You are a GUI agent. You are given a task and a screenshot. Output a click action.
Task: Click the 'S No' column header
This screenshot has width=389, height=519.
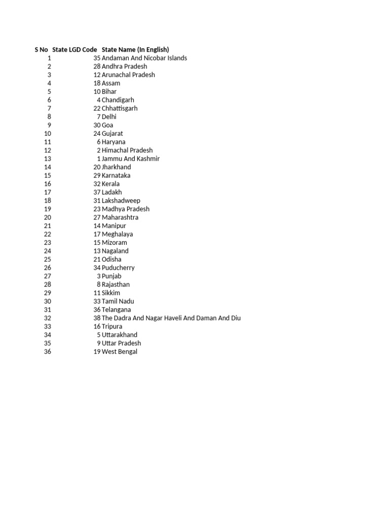click(41, 50)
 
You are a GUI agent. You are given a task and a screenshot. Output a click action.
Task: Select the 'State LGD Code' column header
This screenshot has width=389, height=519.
click(74, 50)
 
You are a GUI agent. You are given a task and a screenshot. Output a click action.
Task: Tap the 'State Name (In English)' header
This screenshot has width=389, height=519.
click(135, 50)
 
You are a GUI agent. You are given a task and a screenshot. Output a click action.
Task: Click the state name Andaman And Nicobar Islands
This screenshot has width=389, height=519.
click(144, 58)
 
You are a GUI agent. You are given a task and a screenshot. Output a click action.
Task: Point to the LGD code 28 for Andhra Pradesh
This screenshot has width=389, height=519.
click(97, 66)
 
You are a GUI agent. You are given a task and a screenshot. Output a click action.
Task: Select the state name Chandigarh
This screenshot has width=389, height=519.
click(118, 100)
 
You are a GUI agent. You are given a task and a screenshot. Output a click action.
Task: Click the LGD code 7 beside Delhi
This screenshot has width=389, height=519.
click(99, 117)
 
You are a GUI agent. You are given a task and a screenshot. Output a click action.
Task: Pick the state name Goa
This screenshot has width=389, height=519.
click(107, 125)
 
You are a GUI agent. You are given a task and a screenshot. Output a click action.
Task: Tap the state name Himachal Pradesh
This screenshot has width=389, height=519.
click(127, 150)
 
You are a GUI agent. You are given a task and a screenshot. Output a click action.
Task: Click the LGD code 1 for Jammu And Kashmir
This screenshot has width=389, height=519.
click(99, 159)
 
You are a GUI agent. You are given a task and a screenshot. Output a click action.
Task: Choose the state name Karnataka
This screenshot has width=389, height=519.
click(116, 175)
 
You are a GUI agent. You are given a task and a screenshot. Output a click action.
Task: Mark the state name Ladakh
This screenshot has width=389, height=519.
click(112, 192)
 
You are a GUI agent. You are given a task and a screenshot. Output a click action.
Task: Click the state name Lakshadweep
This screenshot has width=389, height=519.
click(121, 201)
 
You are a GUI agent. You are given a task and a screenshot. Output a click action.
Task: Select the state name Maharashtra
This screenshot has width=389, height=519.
click(120, 217)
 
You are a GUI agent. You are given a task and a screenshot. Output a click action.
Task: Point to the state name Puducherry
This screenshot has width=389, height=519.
click(118, 268)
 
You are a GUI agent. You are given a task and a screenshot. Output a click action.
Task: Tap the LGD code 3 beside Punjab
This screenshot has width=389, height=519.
click(99, 276)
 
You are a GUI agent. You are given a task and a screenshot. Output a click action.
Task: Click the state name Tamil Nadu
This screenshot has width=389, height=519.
click(118, 301)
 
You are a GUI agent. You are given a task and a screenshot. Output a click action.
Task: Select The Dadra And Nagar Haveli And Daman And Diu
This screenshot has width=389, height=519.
click(171, 318)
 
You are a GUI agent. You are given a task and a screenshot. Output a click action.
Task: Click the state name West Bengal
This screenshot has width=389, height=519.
click(120, 351)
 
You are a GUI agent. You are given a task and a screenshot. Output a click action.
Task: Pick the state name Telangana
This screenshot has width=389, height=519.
click(116, 310)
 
